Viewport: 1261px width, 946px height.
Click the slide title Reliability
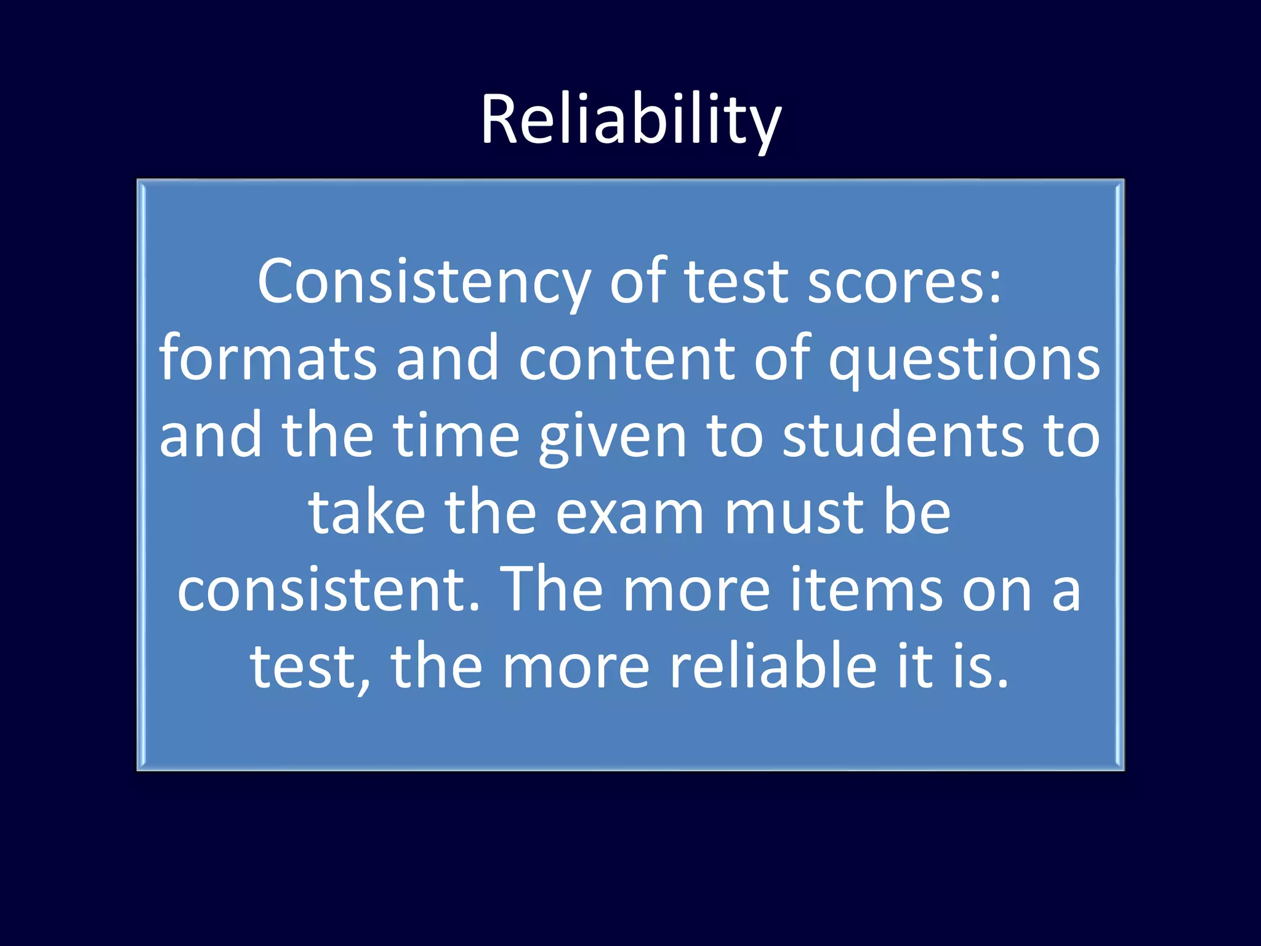630,120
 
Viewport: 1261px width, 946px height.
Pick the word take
367,513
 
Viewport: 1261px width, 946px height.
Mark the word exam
629,513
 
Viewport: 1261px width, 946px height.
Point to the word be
917,513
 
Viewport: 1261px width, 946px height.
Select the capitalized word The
551,590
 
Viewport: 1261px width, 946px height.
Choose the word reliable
773,667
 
